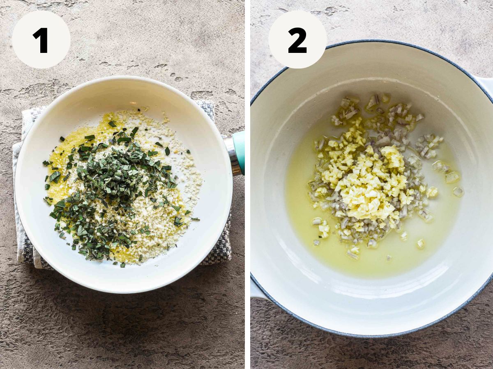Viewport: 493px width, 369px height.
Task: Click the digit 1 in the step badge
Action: coord(41,40)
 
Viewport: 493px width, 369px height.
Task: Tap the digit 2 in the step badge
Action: coord(297,40)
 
